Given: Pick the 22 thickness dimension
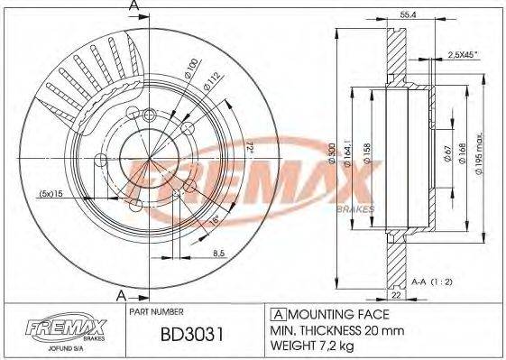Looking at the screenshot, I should click(x=396, y=292).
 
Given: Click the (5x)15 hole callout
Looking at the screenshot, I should click(x=51, y=193).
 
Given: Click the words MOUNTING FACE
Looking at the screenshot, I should click(x=338, y=314).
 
